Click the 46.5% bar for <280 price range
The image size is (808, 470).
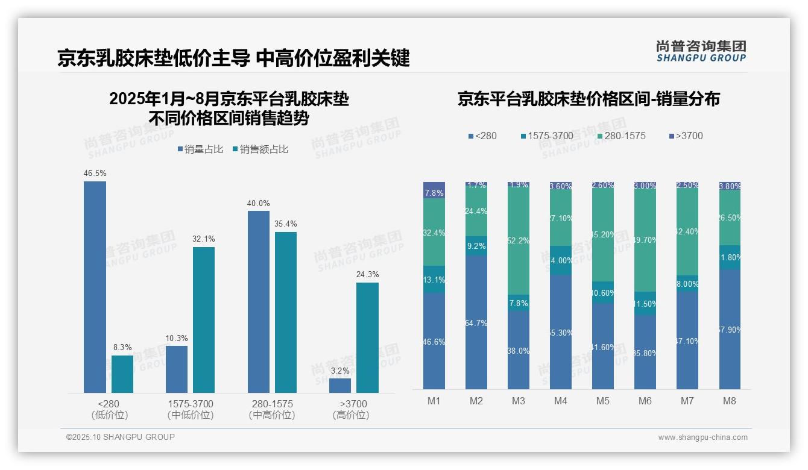point(95,287)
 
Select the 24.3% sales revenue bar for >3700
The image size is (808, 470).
point(367,337)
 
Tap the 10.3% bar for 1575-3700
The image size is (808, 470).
point(177,369)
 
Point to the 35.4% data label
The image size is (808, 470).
point(285,224)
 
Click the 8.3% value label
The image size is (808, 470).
point(122,348)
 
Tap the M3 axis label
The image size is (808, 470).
point(519,401)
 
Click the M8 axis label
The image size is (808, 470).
point(730,401)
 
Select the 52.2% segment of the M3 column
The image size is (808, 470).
point(519,240)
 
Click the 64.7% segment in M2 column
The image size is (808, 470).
point(476,322)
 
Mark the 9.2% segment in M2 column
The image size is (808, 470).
point(476,246)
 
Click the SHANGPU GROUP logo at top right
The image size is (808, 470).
point(701,51)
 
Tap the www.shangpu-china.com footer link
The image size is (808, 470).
point(702,437)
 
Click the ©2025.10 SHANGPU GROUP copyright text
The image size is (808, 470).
point(121,437)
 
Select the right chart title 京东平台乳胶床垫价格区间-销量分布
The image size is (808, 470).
point(589,99)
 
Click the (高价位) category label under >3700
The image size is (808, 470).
point(350,415)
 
